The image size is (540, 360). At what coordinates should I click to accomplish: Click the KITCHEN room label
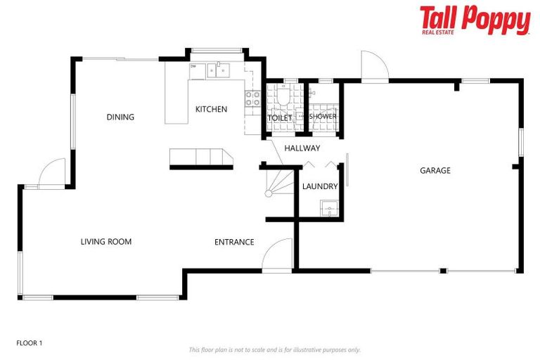(211, 109)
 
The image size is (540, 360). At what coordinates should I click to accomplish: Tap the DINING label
(120, 117)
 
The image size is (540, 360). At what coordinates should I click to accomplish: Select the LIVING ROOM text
(105, 242)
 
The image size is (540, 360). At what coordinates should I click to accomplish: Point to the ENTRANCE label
(234, 242)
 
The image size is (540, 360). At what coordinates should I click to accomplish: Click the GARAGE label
(435, 170)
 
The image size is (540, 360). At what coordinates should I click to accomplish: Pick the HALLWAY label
(302, 148)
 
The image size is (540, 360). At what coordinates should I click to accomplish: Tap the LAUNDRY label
(320, 186)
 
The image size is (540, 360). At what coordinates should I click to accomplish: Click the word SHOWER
(323, 117)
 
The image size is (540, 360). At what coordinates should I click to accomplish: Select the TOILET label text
(280, 117)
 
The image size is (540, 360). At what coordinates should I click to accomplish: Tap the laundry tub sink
(328, 208)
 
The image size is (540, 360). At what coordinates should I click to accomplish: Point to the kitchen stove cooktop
(252, 98)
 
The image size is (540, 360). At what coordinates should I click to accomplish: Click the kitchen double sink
(218, 69)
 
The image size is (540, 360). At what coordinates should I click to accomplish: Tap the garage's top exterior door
(373, 67)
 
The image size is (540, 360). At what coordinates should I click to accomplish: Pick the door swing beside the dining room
(51, 173)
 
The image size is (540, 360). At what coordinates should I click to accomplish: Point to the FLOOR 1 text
(30, 343)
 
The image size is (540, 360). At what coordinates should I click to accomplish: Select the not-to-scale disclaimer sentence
(274, 349)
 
